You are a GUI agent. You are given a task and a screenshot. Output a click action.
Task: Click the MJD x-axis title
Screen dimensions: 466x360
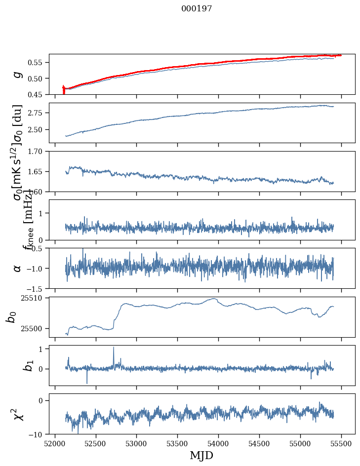point(201,455)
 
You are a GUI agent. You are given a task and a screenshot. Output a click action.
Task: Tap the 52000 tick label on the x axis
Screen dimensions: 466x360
point(55,443)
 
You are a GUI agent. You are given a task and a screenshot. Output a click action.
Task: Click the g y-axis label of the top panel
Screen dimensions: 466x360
point(18,74)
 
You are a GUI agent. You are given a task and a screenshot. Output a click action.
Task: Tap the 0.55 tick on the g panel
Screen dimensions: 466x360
point(39,63)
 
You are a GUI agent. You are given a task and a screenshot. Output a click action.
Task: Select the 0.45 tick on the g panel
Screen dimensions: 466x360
point(39,94)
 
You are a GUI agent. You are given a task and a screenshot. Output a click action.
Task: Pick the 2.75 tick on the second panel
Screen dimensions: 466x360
point(39,113)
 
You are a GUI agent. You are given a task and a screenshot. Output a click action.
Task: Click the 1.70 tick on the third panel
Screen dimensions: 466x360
point(39,151)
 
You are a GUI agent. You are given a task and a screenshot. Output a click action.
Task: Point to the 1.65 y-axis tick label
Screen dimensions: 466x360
point(39,171)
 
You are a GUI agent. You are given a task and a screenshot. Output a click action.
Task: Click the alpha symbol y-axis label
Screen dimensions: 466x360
point(18,268)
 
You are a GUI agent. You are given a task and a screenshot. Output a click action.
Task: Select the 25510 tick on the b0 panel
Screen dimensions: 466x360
point(35,298)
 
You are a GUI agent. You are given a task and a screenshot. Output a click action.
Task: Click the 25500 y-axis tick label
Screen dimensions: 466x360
point(35,328)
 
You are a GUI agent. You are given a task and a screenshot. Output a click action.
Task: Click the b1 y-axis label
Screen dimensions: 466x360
point(16,365)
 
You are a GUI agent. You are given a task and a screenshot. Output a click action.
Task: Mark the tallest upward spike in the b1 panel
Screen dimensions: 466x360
point(114,348)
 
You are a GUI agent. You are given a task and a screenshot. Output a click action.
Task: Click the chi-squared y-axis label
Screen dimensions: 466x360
point(16,414)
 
